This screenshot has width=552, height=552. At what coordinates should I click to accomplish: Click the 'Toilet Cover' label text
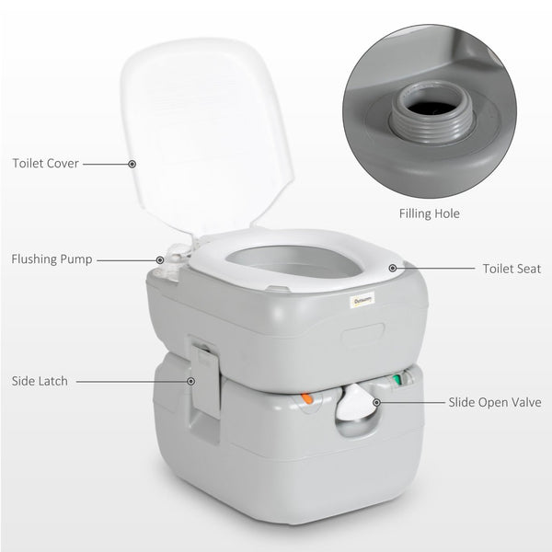click(45, 164)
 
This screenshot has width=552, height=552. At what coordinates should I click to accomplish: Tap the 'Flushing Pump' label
click(52, 259)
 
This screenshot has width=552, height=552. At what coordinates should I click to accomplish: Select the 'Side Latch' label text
click(40, 379)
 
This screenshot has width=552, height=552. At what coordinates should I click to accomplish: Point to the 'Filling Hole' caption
click(430, 213)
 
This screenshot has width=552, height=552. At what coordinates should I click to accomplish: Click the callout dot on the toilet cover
click(132, 164)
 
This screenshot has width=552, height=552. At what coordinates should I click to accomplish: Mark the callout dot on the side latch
click(191, 379)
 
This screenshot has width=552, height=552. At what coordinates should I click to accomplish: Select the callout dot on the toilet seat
click(393, 269)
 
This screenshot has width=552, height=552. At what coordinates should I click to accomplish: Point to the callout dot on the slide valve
click(377, 402)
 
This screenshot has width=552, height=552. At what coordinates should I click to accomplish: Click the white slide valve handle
click(354, 405)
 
